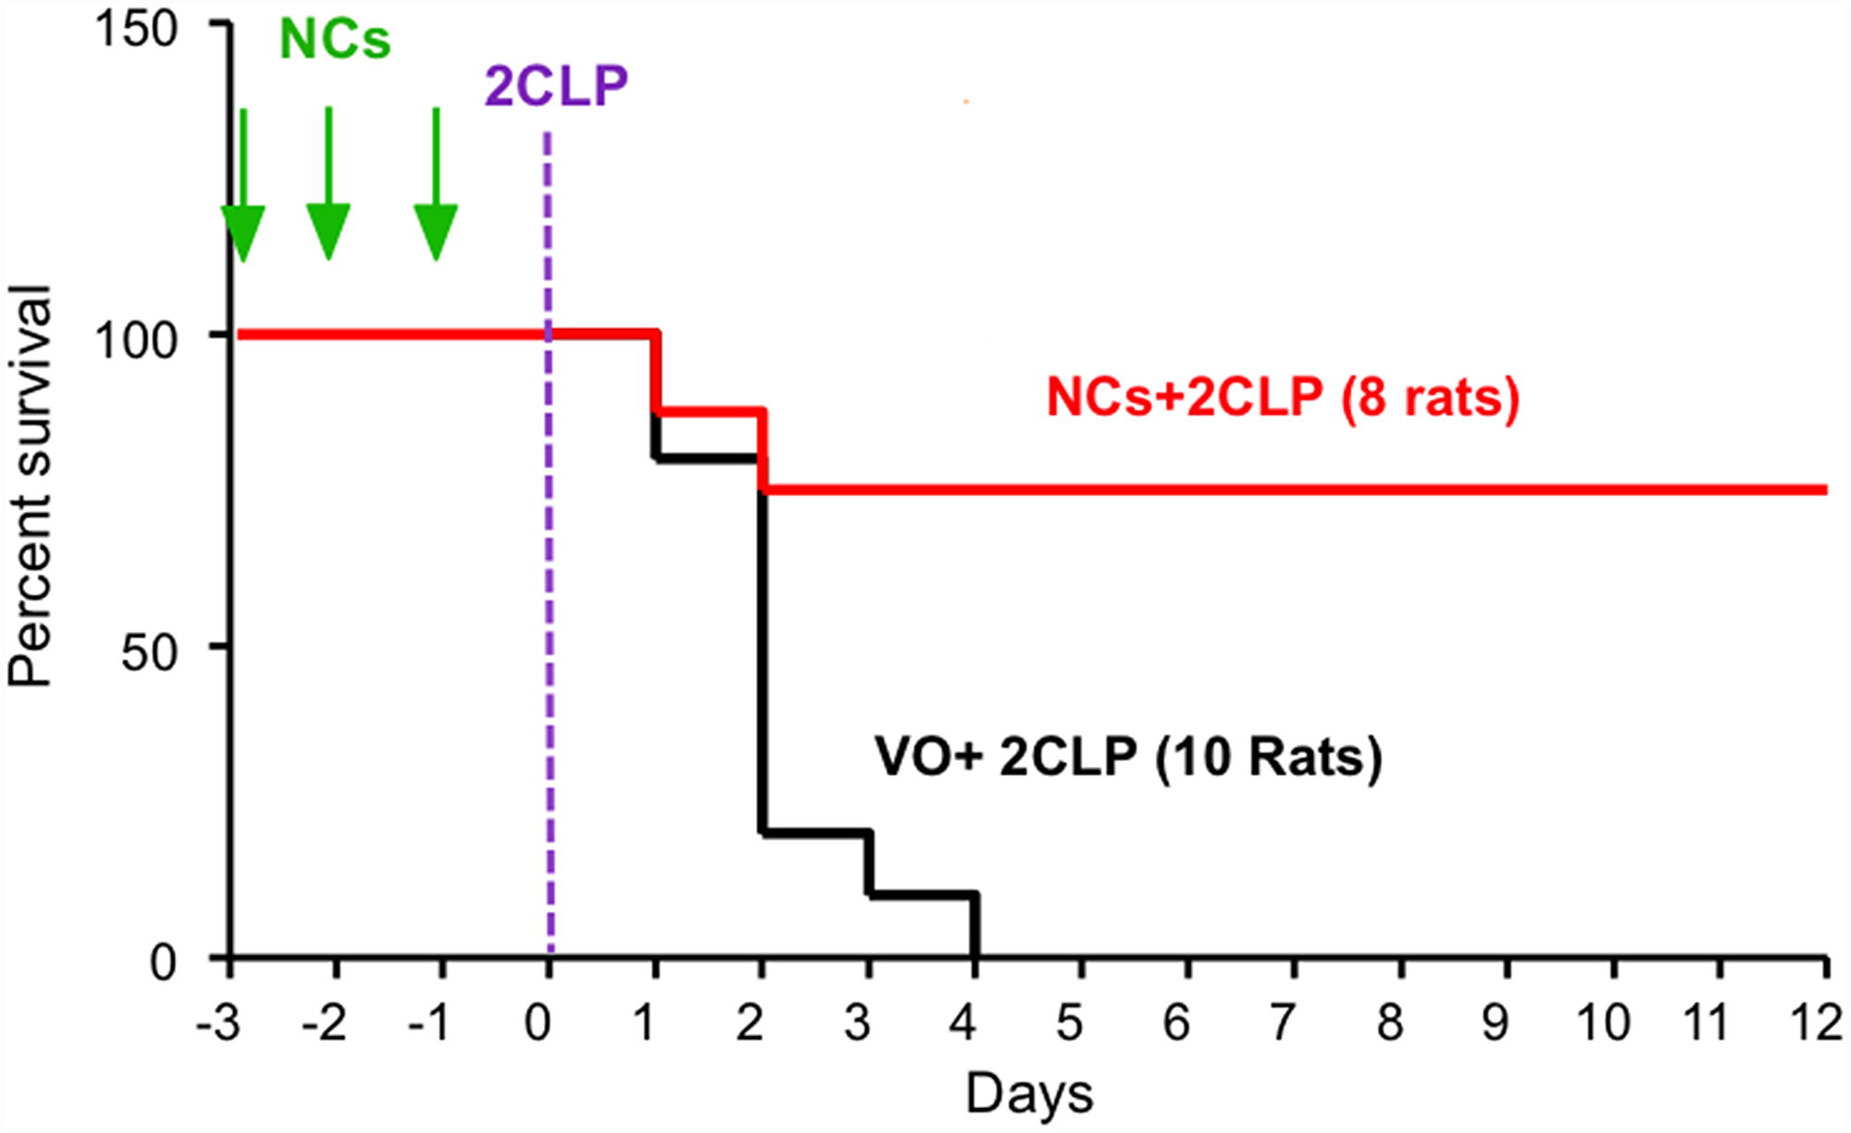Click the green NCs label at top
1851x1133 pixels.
(335, 40)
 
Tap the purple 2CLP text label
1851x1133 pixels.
(556, 87)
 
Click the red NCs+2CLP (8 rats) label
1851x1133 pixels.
(1283, 398)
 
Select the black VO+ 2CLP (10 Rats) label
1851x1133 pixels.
(1128, 757)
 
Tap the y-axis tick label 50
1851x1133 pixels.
(149, 653)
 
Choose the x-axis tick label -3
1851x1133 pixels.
(219, 1024)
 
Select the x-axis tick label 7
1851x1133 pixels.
(1282, 1024)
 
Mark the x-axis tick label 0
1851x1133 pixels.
(538, 1024)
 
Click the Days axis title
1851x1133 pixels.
(1029, 1094)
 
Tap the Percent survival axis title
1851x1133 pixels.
(30, 486)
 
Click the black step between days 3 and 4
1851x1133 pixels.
(923, 894)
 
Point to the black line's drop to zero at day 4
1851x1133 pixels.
(975, 926)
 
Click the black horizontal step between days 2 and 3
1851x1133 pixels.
(815, 833)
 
